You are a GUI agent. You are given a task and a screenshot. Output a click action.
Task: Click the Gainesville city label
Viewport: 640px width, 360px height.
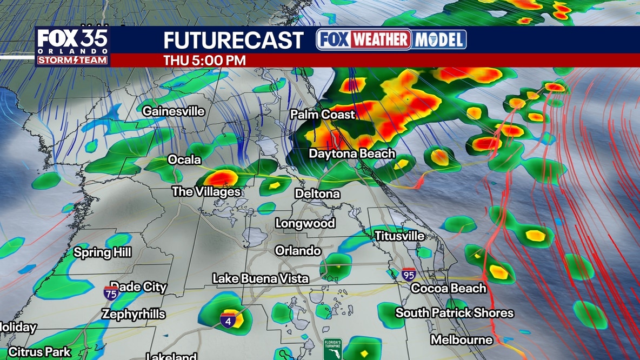174,111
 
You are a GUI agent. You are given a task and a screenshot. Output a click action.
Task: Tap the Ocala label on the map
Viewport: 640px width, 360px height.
184,160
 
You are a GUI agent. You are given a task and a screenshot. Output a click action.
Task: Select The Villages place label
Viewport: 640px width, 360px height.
206,192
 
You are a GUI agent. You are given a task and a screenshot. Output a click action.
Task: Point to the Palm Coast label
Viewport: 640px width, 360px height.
322,115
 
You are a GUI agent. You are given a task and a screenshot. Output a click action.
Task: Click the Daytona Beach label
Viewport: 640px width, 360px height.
352,154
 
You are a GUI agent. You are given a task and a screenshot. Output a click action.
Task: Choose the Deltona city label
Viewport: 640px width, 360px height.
317,194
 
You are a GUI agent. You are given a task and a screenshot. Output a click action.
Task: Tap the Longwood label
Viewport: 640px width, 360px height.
305,223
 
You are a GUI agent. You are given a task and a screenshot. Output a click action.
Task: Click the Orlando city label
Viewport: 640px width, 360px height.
298,251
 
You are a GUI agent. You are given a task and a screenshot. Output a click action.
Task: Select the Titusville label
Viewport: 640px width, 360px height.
399,236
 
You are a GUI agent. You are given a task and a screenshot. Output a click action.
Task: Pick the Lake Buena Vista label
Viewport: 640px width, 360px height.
261,279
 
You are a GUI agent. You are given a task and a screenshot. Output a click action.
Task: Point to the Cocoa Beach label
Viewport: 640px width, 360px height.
449,289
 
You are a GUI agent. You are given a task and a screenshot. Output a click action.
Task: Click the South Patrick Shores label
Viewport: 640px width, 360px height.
455,313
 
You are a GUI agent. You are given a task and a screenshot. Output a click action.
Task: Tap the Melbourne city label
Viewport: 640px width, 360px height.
462,340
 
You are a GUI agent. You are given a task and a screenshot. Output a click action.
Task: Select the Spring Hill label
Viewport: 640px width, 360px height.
103,252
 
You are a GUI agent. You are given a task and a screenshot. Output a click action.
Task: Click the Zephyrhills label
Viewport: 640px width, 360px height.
134,315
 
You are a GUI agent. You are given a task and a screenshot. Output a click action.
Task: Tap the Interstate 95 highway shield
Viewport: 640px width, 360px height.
409,275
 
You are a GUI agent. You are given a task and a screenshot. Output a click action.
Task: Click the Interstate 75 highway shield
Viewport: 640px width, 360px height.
111,294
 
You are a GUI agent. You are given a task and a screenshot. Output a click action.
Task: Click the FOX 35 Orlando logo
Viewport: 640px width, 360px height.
72,46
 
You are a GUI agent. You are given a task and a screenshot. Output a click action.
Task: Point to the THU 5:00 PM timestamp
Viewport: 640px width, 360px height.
205,61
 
